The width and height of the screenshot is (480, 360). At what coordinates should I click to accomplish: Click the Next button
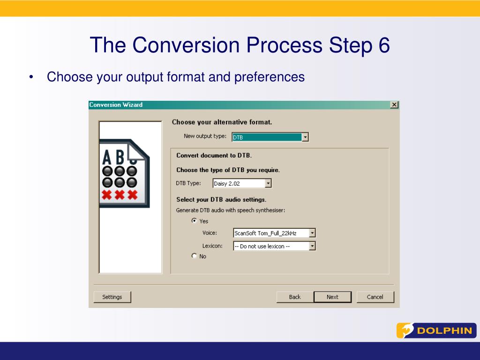(332, 297)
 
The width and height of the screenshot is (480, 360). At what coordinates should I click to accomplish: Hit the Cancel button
(375, 297)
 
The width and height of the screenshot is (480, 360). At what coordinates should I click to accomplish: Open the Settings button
(112, 297)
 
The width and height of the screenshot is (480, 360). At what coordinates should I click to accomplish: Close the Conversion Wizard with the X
(394, 105)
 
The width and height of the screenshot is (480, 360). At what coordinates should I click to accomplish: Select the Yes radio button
(194, 220)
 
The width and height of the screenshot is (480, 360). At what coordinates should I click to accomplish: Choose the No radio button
(194, 255)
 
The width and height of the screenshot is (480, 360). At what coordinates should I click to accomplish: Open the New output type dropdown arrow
(305, 137)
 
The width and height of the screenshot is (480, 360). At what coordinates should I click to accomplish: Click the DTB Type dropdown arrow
(268, 183)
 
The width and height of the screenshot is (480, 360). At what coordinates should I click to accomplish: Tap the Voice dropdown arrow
(312, 233)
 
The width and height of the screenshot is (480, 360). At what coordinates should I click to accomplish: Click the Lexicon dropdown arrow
(312, 246)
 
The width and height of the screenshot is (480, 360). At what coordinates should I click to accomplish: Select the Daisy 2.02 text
(227, 184)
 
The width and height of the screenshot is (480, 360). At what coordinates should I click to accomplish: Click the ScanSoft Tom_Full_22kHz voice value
(265, 233)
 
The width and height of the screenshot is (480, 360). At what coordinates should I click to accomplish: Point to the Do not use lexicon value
(262, 246)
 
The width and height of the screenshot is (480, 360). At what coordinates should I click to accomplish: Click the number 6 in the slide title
(384, 45)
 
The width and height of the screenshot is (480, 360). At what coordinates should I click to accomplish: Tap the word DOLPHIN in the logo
(444, 330)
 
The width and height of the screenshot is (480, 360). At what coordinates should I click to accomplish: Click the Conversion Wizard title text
(116, 105)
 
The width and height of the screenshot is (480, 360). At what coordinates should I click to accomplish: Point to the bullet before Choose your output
(31, 77)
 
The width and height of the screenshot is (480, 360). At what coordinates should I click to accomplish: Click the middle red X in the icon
(120, 195)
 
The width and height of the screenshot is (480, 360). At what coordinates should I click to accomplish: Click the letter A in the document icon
(107, 157)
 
